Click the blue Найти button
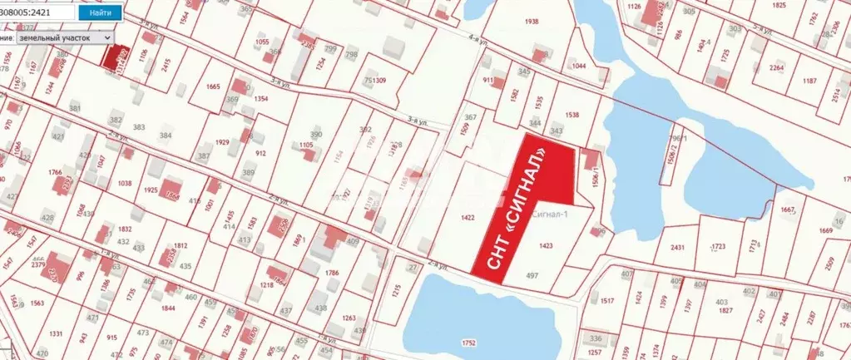coord(100,13)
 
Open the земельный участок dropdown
coord(64,37)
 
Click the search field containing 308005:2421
coord(37,13)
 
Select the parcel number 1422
coord(467,218)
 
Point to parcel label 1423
coord(546,245)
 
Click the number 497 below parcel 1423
coord(532,274)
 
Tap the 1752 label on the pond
coord(468,342)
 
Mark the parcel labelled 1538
coord(571,116)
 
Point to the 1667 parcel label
coord(789,210)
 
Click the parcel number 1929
coord(222,143)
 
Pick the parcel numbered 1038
coord(126,183)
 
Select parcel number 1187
coord(809,81)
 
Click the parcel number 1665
coord(213,86)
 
